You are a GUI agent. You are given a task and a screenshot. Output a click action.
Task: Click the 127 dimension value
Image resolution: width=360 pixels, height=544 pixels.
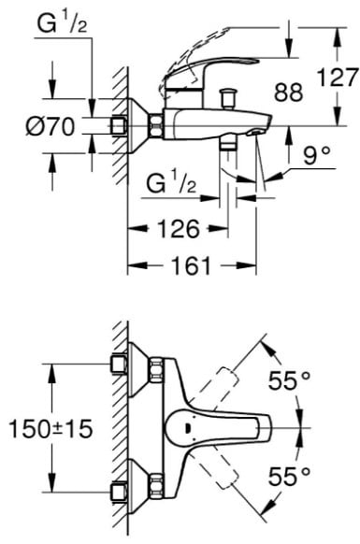coord(338,78)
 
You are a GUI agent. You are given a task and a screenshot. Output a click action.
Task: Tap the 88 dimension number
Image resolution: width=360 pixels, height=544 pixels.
coord(289,93)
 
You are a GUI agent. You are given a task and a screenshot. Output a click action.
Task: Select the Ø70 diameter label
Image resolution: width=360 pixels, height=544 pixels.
coord(50,126)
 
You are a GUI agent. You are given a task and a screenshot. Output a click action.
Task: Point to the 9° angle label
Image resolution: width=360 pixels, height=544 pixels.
coord(316,155)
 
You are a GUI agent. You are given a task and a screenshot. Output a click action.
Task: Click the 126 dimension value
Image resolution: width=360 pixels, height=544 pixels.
coord(179,229)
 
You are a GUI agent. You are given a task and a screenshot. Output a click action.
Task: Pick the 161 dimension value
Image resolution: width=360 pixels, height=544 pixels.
coord(192,265)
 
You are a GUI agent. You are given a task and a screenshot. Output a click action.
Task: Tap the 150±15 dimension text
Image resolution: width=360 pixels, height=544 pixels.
coord(51,429)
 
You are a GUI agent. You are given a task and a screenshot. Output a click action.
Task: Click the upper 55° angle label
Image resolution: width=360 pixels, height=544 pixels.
coord(289,381)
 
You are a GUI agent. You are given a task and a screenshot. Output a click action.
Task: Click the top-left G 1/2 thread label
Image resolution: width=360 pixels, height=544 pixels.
coord(63,24)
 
